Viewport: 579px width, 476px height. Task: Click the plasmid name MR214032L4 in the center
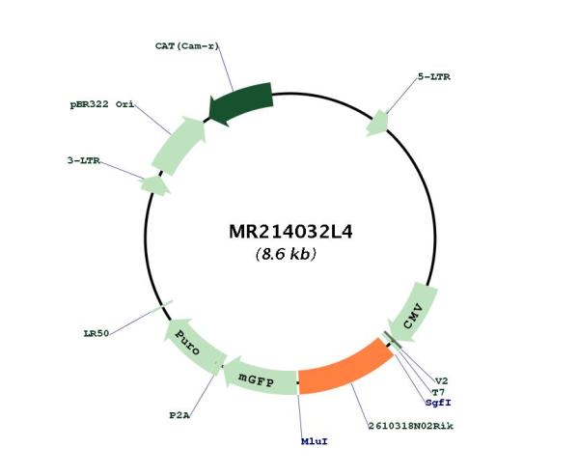pyautogui.click(x=290, y=232)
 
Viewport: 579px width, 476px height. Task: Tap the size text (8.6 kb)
pyautogui.click(x=286, y=254)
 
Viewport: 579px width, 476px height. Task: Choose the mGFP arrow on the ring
pyautogui.click(x=259, y=377)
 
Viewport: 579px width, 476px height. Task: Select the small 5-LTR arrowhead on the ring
pyautogui.click(x=377, y=123)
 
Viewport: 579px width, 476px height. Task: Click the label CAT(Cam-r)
pyautogui.click(x=187, y=46)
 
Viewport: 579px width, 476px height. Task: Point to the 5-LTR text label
pyautogui.click(x=434, y=77)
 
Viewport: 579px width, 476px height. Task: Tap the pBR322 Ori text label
pyautogui.click(x=102, y=104)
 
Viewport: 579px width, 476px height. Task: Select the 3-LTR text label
pyautogui.click(x=84, y=160)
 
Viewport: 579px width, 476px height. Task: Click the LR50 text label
pyautogui.click(x=96, y=333)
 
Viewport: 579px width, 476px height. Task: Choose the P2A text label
pyautogui.click(x=179, y=415)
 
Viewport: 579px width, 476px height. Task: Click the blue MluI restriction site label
pyautogui.click(x=315, y=441)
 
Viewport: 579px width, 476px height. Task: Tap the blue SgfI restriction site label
pyautogui.click(x=438, y=403)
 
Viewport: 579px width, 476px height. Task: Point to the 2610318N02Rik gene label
pyautogui.click(x=411, y=426)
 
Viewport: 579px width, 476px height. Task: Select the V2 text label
pyautogui.click(x=441, y=381)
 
